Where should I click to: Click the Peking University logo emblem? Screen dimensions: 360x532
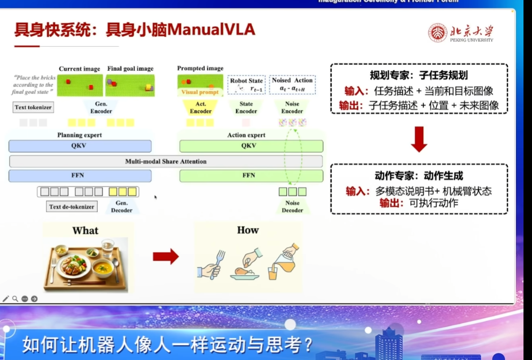click(438, 33)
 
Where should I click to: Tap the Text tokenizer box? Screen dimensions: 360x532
click(33, 107)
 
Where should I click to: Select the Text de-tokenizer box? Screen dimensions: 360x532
click(72, 206)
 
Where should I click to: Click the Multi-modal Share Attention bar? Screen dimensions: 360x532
click(166, 162)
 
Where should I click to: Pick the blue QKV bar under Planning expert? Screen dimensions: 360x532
click(80, 146)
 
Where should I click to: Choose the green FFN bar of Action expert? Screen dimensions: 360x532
click(251, 176)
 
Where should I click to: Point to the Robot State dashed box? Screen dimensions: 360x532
click(246, 85)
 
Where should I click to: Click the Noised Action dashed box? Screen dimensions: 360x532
click(292, 85)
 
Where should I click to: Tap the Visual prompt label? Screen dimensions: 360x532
click(200, 92)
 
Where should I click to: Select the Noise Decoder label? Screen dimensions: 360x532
click(292, 206)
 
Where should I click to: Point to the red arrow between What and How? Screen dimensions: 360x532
click(165, 257)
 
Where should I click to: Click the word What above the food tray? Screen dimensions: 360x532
click(86, 231)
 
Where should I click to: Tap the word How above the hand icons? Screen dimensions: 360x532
click(248, 230)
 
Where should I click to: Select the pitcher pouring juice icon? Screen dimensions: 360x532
click(283, 261)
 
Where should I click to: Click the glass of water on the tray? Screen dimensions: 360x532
click(108, 248)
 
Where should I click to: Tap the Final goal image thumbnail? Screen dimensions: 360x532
click(130, 85)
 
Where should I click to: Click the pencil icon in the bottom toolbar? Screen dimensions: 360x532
click(6, 299)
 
